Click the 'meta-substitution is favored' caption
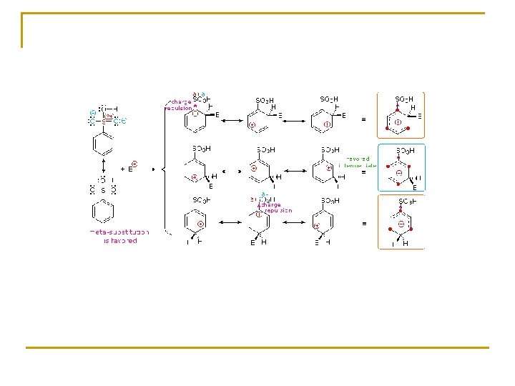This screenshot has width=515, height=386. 119,237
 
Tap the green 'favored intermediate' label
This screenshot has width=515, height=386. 357,162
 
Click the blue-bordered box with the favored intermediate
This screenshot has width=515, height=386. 401,167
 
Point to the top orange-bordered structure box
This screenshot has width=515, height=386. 401,115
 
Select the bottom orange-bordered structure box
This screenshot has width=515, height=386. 401,222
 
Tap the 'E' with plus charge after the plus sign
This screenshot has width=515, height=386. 132,169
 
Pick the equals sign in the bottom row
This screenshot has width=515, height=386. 364,224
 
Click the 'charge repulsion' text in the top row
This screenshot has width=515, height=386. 179,104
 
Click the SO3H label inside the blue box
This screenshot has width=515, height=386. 406,152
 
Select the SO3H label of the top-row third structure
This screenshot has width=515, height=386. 329,99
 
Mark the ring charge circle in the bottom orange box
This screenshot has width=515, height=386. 402,224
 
